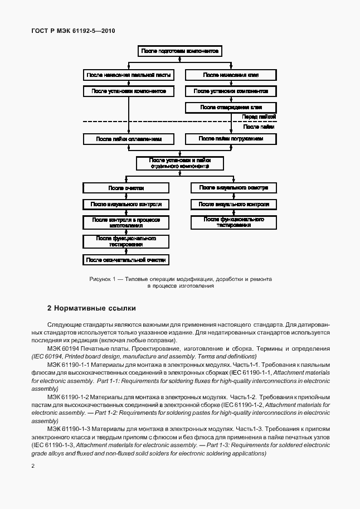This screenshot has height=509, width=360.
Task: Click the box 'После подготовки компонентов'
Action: (x=180, y=51)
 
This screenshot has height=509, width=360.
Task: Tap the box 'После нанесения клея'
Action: (x=231, y=75)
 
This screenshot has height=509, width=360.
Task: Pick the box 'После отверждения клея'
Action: (x=231, y=107)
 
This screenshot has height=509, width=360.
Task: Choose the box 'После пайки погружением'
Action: (x=231, y=138)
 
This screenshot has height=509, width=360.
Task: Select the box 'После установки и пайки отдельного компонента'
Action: (x=180, y=163)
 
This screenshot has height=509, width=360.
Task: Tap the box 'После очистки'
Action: (x=126, y=188)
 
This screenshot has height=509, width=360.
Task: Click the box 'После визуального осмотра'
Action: (x=234, y=188)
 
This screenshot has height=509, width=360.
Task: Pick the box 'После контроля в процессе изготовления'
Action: (x=126, y=222)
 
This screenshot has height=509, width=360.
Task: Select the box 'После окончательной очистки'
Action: (x=126, y=260)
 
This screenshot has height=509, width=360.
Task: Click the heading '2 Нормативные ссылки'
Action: (x=91, y=308)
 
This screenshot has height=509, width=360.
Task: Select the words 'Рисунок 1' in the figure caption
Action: (x=101, y=278)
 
